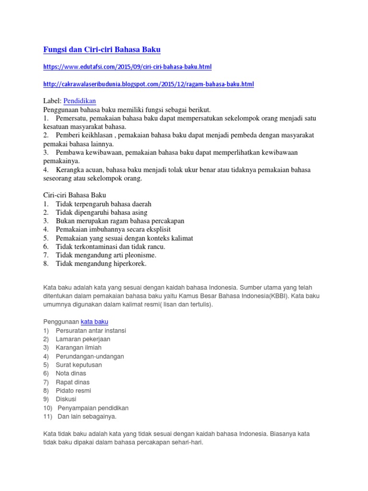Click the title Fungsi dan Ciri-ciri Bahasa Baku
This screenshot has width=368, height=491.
coord(102,50)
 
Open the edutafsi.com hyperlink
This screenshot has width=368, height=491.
coord(127,67)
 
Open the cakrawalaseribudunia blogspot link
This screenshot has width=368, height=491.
coord(149,84)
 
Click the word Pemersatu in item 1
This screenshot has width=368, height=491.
coord(71,118)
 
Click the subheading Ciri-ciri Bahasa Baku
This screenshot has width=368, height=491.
coord(74,195)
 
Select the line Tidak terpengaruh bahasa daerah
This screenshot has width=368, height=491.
coord(103,204)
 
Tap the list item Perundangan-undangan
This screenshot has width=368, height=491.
coord(90,356)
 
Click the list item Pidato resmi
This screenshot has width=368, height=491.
coord(74,390)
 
